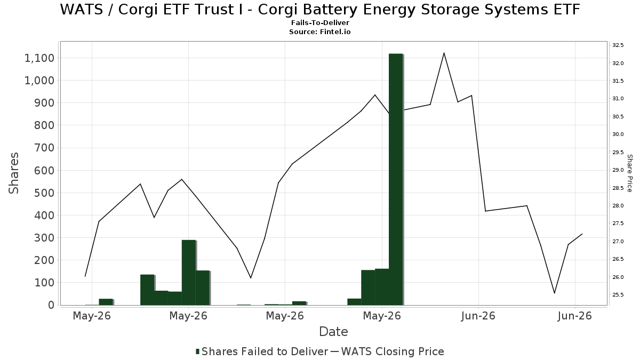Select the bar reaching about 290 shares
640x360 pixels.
click(189, 273)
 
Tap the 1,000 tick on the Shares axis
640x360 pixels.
click(39, 81)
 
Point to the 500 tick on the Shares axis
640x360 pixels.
click(44, 193)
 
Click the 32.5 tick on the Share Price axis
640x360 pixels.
click(618, 45)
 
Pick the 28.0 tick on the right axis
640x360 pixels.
click(618, 206)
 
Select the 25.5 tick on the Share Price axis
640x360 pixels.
click(618, 295)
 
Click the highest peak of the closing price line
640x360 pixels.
click(444, 53)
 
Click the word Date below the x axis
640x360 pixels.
click(333, 332)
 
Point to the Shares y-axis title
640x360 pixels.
click(13, 173)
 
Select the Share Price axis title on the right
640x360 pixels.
click(629, 173)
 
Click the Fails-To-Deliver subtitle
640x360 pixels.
click(320, 22)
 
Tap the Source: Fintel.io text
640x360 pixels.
click(320, 31)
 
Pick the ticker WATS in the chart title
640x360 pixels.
click(82, 10)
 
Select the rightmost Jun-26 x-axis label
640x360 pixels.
click(574, 316)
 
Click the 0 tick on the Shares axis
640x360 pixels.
click(51, 305)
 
